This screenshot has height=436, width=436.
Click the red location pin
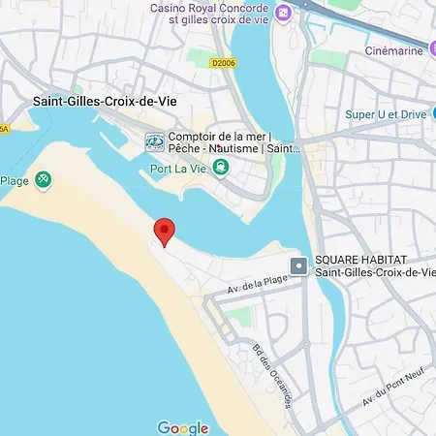click(165, 232)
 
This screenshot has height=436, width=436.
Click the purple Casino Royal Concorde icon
click(283, 13)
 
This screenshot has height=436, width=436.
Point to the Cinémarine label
click(393, 50)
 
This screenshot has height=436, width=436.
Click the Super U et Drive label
click(386, 114)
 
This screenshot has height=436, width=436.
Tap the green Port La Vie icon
click(221, 169)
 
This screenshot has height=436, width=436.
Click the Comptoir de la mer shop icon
click(154, 142)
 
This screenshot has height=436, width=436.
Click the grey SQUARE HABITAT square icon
click(300, 265)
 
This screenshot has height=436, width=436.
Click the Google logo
click(183, 427)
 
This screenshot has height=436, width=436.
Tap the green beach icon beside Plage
click(43, 179)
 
